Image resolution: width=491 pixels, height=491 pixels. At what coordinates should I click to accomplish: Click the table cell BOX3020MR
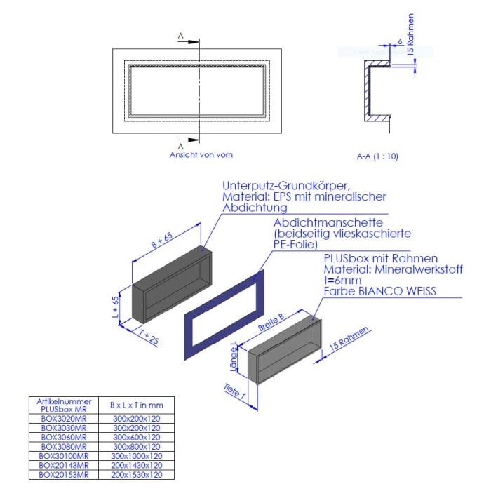pyautogui.click(x=63, y=418)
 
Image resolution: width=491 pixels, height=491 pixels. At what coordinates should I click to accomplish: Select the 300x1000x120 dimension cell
pyautogui.click(x=137, y=455)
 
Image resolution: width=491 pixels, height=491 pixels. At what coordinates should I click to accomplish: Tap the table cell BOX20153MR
pyautogui.click(x=63, y=474)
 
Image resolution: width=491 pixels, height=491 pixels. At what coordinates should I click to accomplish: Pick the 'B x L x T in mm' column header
pyautogui.click(x=137, y=405)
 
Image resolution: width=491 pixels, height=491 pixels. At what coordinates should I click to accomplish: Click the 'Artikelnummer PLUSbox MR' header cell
pyautogui.click(x=63, y=405)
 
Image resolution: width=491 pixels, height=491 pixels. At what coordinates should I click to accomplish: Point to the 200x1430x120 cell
pyautogui.click(x=137, y=465)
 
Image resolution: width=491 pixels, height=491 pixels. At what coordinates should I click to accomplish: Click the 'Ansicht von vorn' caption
pyautogui.click(x=201, y=154)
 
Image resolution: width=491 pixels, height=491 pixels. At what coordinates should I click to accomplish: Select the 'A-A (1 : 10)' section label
pyautogui.click(x=377, y=156)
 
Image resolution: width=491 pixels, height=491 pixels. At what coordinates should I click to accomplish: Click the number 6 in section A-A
pyautogui.click(x=399, y=43)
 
